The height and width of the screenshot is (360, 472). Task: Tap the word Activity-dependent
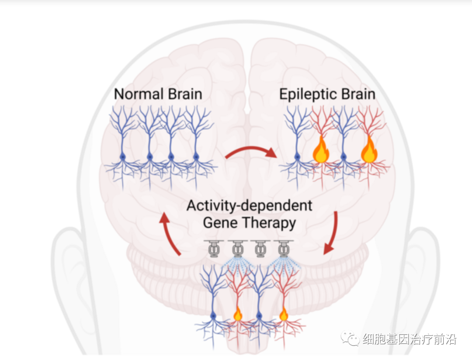coord(250,205)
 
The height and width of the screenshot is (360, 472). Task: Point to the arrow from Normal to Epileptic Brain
coord(251,149)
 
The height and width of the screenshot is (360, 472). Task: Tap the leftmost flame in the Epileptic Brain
coord(321,150)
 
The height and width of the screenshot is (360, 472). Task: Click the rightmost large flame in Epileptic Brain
coord(369,150)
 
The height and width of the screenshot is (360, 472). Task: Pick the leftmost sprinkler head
coord(214,248)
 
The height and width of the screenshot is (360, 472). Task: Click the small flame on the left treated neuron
coord(238,314)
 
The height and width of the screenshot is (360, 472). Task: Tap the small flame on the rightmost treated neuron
coord(284,314)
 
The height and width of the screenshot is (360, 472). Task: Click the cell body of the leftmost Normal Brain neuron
coord(123,156)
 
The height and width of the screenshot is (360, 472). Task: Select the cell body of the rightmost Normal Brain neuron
coord(196,156)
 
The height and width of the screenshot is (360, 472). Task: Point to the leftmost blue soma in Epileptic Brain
coord(298,156)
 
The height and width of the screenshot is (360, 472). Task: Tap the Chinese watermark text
coord(409,339)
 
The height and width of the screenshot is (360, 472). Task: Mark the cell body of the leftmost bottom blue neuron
coord(214,315)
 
